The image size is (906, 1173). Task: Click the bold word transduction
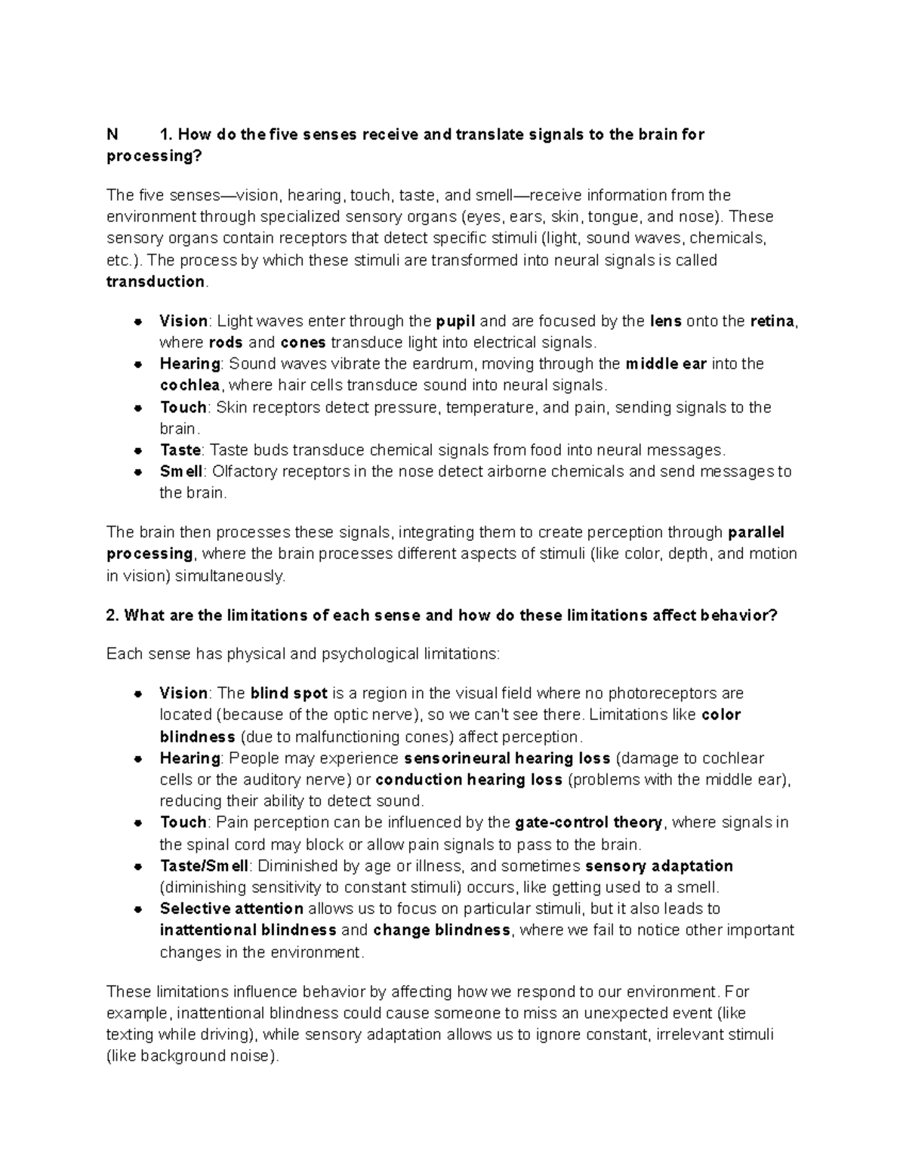pos(155,282)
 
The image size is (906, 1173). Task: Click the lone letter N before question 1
pos(112,134)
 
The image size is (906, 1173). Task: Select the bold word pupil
pos(455,321)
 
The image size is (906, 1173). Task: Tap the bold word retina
pos(772,321)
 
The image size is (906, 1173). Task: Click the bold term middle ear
pos(666,364)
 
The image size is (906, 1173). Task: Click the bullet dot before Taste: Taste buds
pos(138,451)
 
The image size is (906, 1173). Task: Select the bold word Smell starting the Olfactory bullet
pos(180,472)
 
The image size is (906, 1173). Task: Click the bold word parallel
pos(756,532)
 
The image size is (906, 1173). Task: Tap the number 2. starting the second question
pos(113,616)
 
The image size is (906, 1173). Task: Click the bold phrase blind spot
pos(288,693)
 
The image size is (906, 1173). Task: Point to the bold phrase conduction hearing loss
pos(468,779)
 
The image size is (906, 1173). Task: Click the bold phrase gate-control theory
pos(588,823)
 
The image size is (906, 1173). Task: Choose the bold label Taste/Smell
pos(204,866)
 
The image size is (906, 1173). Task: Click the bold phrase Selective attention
pos(231,909)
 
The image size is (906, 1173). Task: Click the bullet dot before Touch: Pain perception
pos(138,823)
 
